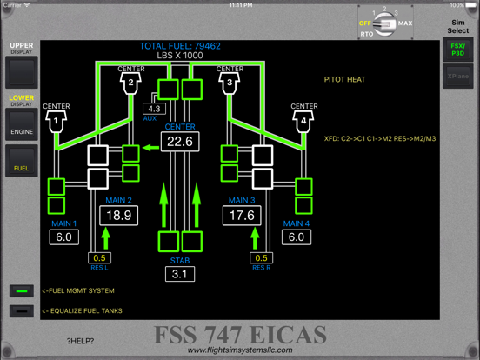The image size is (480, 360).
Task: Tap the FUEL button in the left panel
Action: tap(22, 164)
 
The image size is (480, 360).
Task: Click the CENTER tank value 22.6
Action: tap(179, 142)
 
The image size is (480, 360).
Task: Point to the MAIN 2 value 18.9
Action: tap(118, 216)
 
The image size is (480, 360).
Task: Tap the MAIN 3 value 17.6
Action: tap(243, 216)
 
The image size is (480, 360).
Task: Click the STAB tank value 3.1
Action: tap(179, 275)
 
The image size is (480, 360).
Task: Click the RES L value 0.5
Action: tap(101, 257)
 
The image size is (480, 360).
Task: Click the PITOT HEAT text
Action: tap(344, 80)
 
